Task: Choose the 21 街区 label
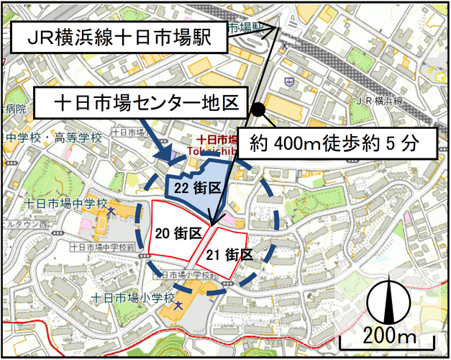point(229,254)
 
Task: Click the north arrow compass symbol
point(388,302)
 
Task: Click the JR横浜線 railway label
point(379,101)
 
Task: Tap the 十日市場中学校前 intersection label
point(101,247)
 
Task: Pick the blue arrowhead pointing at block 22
point(167,156)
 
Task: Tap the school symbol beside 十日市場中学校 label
point(111,212)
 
